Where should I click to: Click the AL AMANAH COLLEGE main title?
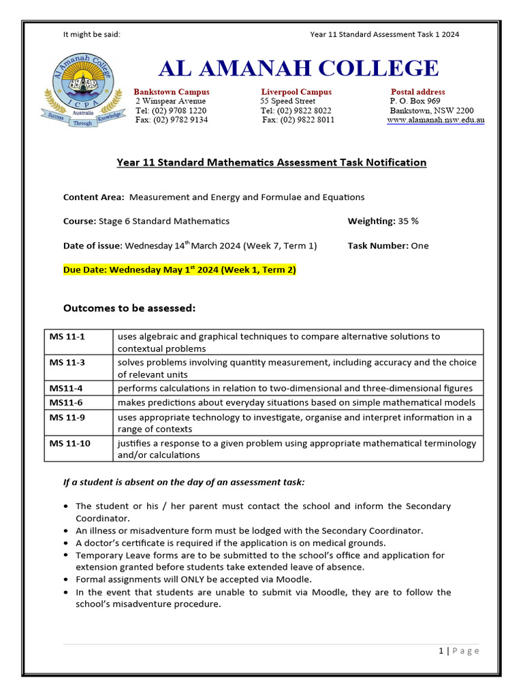[x=299, y=69]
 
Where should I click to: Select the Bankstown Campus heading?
[x=172, y=92]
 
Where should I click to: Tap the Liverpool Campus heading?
[x=296, y=92]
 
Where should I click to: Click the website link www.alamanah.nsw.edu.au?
[x=435, y=120]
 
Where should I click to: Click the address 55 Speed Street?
[x=287, y=101]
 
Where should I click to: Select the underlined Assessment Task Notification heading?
[x=271, y=163]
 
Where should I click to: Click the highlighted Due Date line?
[x=180, y=270]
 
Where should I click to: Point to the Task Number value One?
[x=419, y=246]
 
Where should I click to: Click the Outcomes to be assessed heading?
[x=129, y=308]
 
